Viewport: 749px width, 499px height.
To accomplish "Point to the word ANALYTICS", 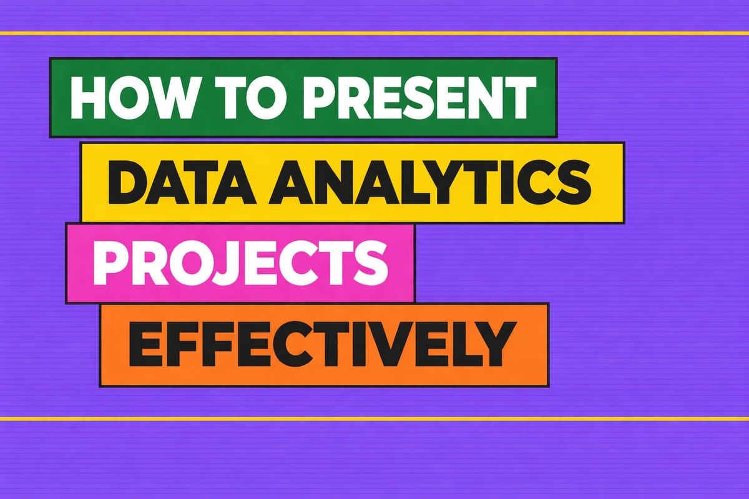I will tap(424, 182).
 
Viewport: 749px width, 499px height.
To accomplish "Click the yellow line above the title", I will tap(374, 32).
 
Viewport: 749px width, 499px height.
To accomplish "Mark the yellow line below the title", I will tap(374, 419).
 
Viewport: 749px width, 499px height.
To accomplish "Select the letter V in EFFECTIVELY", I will tap(399, 344).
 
